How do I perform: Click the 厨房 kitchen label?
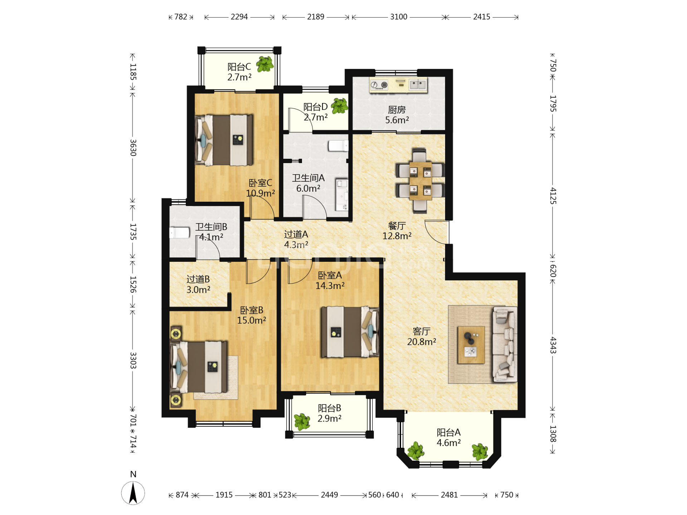tap(397, 109)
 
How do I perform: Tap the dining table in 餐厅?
tap(420, 181)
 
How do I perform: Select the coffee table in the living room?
tap(471, 345)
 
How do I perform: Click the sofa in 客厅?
tap(505, 344)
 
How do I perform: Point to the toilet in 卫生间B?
tap(179, 232)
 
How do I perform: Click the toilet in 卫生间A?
tap(338, 146)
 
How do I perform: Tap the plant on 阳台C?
tap(265, 64)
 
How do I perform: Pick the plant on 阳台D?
tap(340, 106)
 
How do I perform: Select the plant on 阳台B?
tap(302, 422)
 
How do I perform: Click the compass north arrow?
tap(133, 493)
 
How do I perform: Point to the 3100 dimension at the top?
tap(399, 17)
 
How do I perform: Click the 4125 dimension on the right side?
tap(553, 196)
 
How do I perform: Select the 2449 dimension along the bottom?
tap(329, 495)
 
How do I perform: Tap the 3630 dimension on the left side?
tap(133, 148)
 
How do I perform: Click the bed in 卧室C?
tap(224, 140)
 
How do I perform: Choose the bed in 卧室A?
tap(350, 332)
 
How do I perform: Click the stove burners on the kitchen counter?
tap(379, 85)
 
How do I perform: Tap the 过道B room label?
tap(198, 279)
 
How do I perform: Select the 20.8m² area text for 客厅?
tap(422, 342)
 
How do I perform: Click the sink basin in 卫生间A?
tap(342, 195)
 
